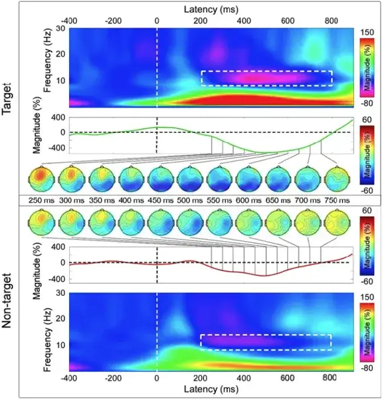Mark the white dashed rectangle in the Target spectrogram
(x=266, y=78)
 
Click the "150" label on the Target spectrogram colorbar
(x=367, y=32)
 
